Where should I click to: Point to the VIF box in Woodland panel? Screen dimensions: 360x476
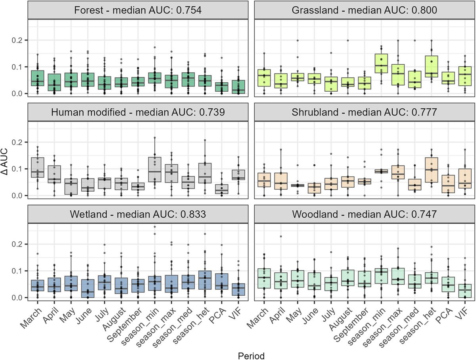pyautogui.click(x=464, y=291)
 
